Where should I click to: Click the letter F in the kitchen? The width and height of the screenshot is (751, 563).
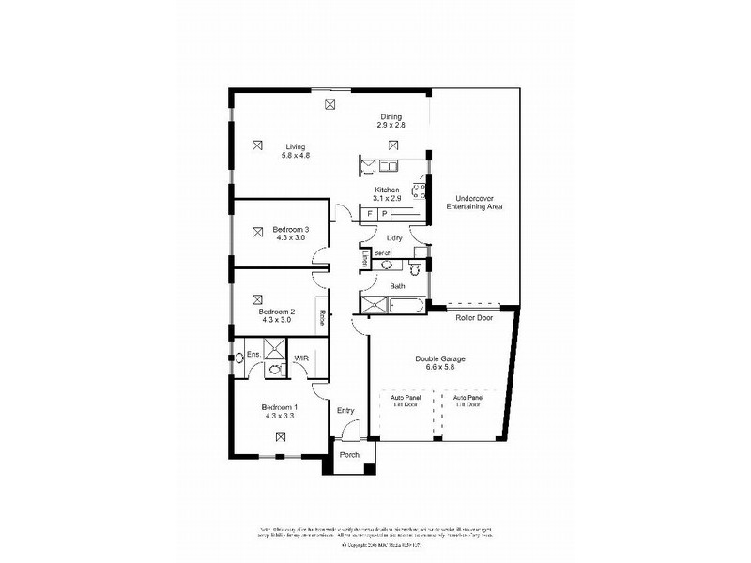370,214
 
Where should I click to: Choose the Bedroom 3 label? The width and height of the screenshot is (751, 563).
291,229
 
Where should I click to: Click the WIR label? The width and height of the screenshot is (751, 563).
302,358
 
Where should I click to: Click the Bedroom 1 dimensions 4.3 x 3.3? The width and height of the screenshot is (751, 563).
280,415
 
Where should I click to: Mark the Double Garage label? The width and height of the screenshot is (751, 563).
440,358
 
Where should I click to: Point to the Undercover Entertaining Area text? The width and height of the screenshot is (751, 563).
479,203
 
